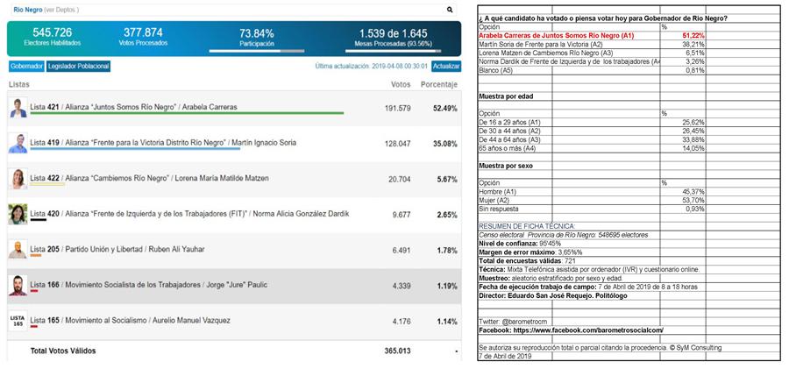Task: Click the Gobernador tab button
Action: (26, 67)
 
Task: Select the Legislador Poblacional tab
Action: (79, 67)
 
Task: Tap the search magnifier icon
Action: (451, 11)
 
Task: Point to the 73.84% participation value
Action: (257, 32)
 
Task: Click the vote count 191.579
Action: (397, 108)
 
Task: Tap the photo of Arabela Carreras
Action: (18, 108)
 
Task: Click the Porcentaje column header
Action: (438, 85)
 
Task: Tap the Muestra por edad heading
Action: (506, 96)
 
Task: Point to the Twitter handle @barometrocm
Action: (514, 322)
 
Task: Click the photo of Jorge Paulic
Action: (18, 286)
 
